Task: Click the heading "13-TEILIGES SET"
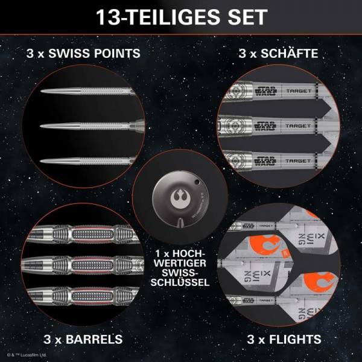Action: pos(181,16)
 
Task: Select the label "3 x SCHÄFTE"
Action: pos(278,54)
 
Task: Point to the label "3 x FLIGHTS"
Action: pos(278,338)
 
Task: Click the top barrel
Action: pos(84,233)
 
